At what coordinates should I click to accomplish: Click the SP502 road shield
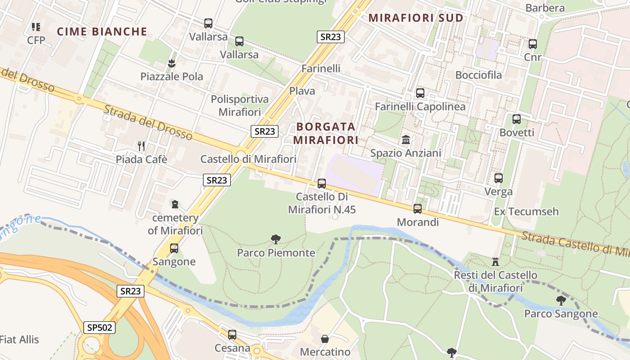pos(99,327)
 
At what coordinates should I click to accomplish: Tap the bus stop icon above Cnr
pos(533,44)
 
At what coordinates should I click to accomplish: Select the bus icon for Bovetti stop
pos(517,119)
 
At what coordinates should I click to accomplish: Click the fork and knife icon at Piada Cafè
pos(141,146)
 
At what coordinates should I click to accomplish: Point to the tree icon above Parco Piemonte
pos(276,239)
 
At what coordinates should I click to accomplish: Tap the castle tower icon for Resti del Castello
pos(495,261)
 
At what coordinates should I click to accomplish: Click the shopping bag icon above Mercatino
pos(324,338)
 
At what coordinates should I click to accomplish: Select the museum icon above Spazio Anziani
pos(406,140)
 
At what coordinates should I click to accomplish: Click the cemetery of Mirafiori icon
pos(175,204)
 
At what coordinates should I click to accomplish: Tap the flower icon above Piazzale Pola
pos(171,63)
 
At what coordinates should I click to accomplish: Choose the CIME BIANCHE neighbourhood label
pos(102,31)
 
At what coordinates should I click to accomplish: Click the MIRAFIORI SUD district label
pos(416,18)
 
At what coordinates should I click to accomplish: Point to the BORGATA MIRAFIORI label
pos(326,133)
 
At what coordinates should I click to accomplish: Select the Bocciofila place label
pos(478,75)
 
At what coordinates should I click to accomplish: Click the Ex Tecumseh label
pos(526,211)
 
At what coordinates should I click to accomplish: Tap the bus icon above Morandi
pos(418,209)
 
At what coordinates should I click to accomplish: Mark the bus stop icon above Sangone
pos(174,248)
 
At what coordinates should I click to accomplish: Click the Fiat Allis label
pos(19,339)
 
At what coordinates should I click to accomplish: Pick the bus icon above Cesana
pos(232,335)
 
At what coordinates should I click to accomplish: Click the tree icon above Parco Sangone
pos(561,300)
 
